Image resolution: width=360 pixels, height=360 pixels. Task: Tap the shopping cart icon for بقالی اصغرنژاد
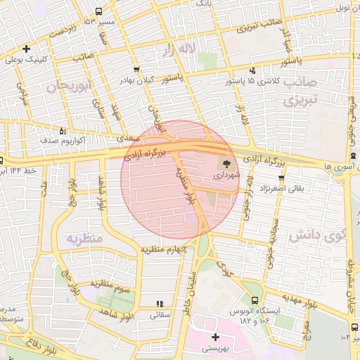click(x=281, y=177)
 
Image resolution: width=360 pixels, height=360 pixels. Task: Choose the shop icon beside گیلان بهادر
click(x=136, y=69)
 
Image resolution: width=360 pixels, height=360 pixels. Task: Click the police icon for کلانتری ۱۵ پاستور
click(x=252, y=70)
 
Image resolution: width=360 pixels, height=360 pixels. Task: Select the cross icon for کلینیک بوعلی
click(x=26, y=49)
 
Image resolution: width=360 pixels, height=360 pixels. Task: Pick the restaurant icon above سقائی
click(x=160, y=304)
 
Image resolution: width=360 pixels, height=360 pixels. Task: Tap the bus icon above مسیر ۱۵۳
click(x=98, y=11)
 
